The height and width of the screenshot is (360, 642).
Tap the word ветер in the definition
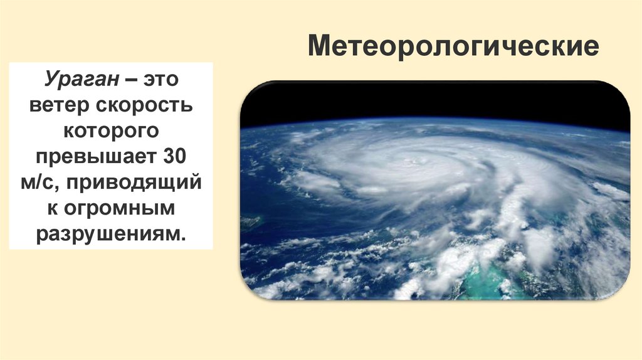coord(60,107)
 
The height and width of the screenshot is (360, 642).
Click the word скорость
coord(145,107)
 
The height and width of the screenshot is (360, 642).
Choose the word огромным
coord(119,208)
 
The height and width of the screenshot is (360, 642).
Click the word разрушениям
coord(108,233)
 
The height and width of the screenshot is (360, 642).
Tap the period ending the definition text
coord(184,236)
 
